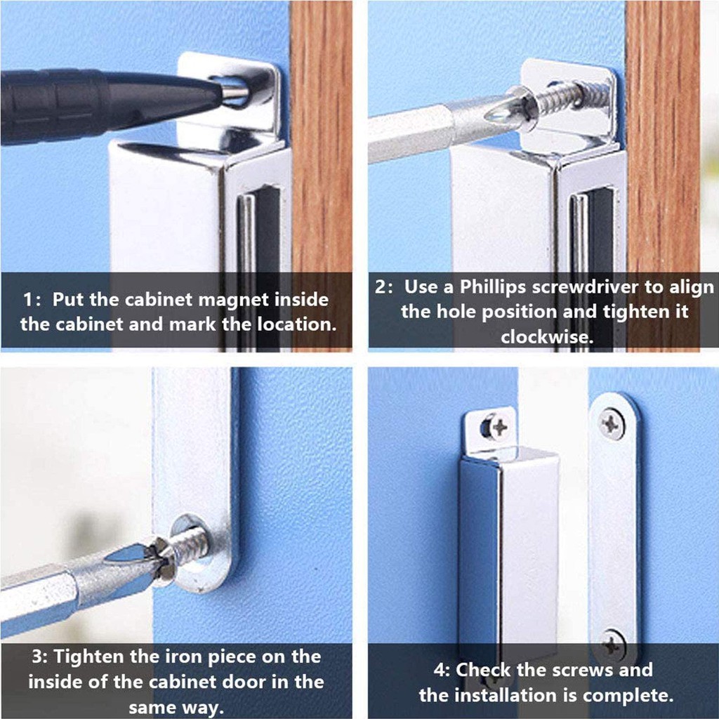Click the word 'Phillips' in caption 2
click(x=492, y=287)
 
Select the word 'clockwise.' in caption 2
click(x=547, y=337)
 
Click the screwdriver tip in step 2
click(x=502, y=112)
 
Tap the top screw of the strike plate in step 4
click(x=612, y=423)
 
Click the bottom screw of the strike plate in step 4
click(x=613, y=644)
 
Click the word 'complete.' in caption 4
click(x=628, y=696)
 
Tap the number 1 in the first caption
click(x=28, y=300)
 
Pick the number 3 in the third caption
click(x=38, y=657)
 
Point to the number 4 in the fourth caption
click(x=440, y=670)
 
